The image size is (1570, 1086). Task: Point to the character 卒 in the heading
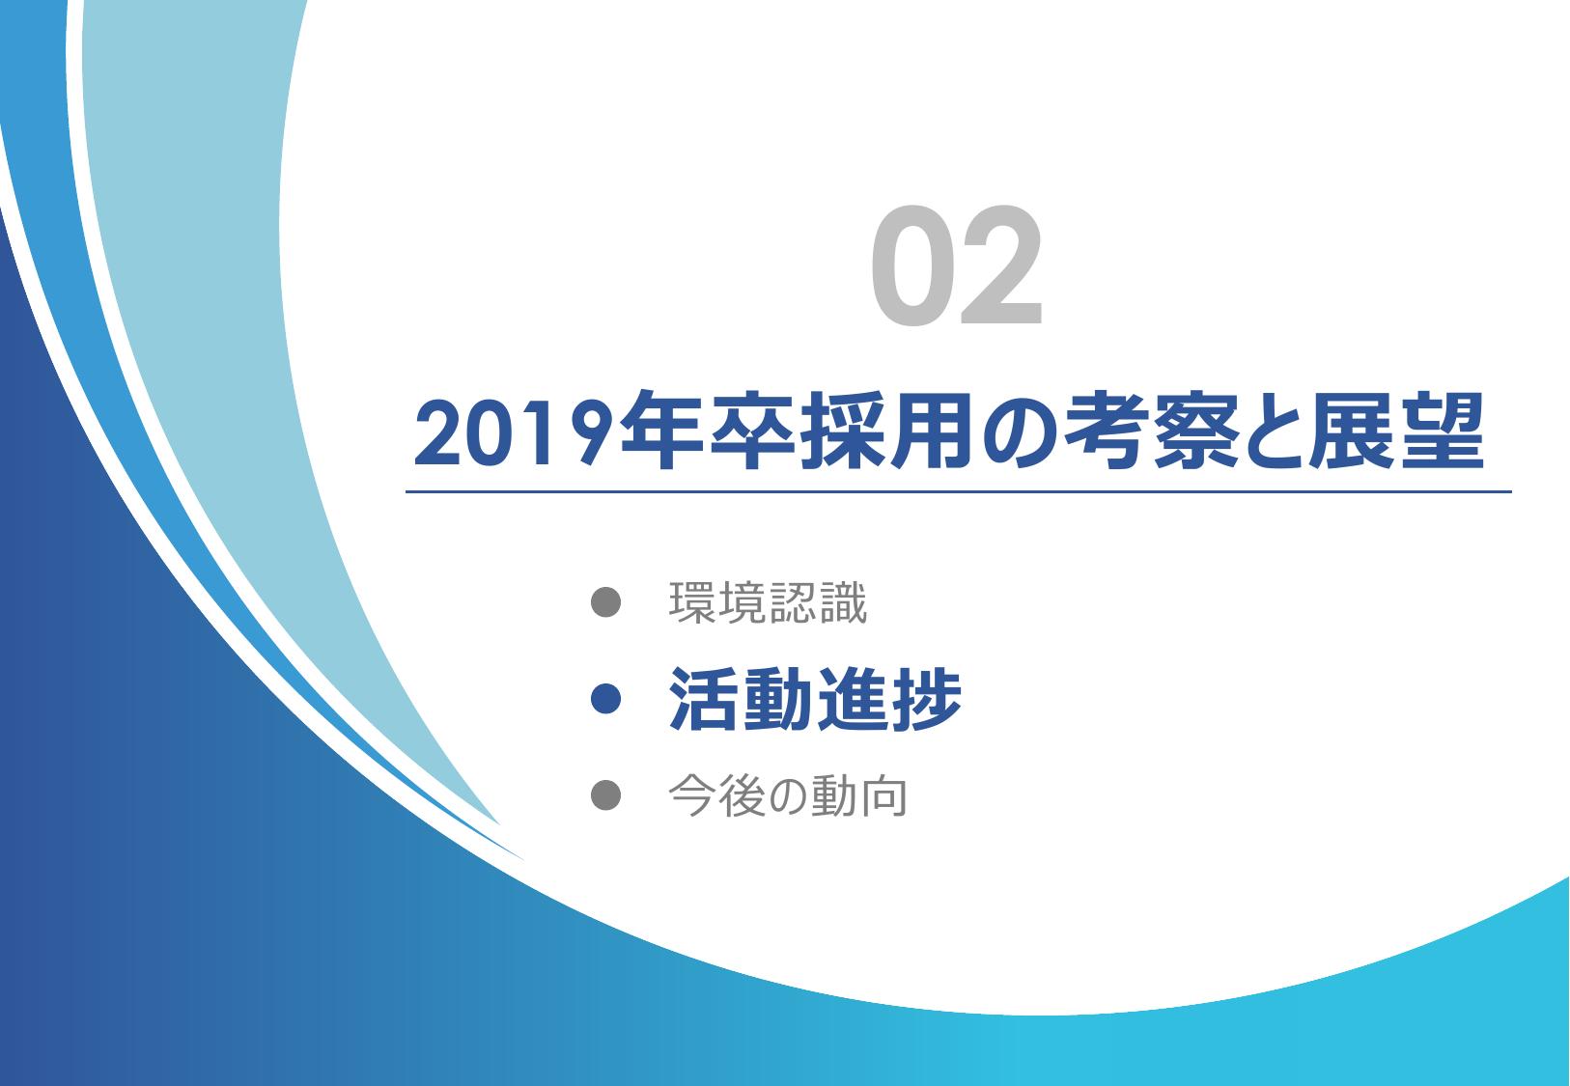pyautogui.click(x=753, y=431)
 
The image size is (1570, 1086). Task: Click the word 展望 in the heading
pyautogui.click(x=1396, y=431)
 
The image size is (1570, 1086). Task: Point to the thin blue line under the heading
pyautogui.click(x=958, y=492)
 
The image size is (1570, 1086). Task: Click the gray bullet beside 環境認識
pyautogui.click(x=605, y=601)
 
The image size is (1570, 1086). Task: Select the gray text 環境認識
pyautogui.click(x=768, y=602)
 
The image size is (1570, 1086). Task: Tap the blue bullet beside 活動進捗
pyautogui.click(x=605, y=699)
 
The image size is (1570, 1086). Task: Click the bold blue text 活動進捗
pyautogui.click(x=814, y=699)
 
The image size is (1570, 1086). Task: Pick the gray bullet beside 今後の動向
pyautogui.click(x=605, y=795)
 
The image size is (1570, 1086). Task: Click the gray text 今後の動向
pyautogui.click(x=788, y=796)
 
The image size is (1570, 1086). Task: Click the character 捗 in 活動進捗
pyautogui.click(x=926, y=699)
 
